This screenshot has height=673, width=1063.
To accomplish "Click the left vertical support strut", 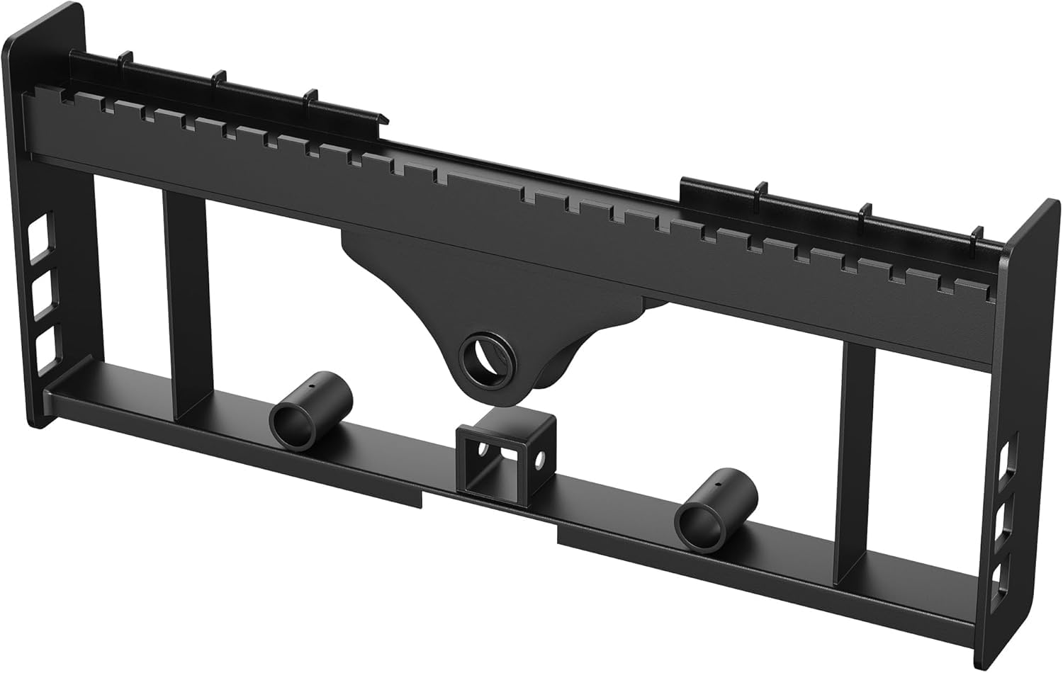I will pos(186,305).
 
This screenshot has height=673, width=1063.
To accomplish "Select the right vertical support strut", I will pos(855,453).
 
